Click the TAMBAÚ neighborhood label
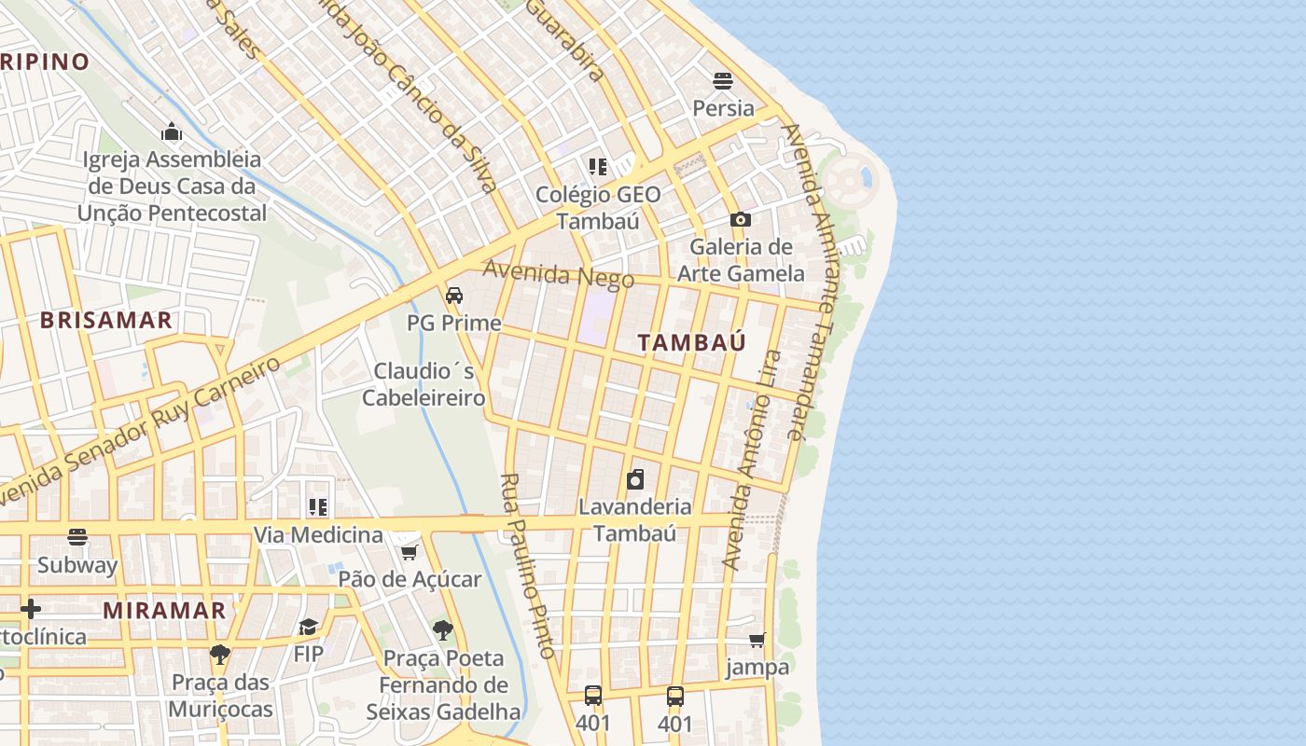(x=691, y=342)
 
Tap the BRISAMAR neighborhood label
(x=105, y=321)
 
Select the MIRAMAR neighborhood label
(x=164, y=612)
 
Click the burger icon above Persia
(x=723, y=80)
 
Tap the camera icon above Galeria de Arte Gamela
(x=741, y=220)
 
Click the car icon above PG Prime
(x=454, y=296)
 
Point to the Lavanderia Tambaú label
(x=635, y=520)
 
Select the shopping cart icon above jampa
(x=757, y=641)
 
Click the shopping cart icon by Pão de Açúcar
(x=409, y=553)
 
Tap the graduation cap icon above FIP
(x=308, y=627)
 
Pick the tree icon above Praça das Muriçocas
(x=220, y=654)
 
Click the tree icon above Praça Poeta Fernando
(x=443, y=631)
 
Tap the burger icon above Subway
(x=77, y=537)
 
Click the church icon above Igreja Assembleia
(x=172, y=131)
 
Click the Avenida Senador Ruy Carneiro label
(x=140, y=431)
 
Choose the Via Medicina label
(x=318, y=535)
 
